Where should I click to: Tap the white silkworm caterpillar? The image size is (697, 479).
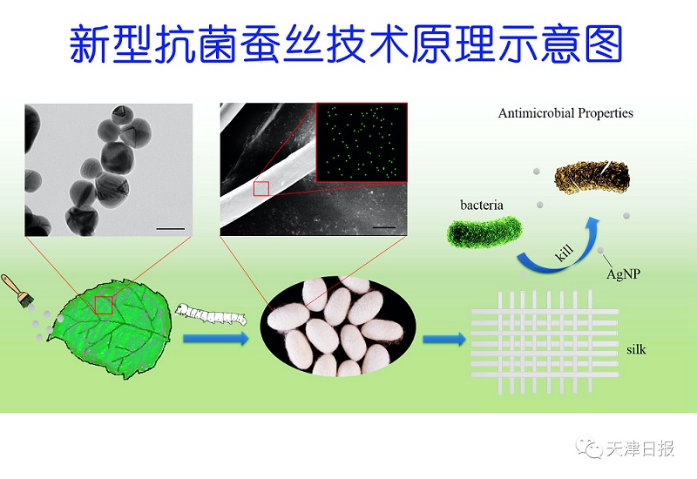pyautogui.click(x=211, y=314)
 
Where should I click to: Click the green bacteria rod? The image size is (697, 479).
pyautogui.click(x=484, y=231)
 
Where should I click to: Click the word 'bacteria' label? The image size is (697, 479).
pyautogui.click(x=482, y=205)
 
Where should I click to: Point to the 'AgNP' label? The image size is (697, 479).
pyautogui.click(x=623, y=273)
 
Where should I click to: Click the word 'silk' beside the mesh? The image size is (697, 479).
pyautogui.click(x=636, y=349)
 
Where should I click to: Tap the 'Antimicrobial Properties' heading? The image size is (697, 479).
pyautogui.click(x=565, y=113)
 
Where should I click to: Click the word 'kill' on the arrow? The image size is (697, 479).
pyautogui.click(x=565, y=253)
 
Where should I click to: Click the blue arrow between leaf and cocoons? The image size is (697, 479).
pyautogui.click(x=216, y=339)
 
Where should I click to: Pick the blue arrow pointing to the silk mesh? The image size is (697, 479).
pyautogui.click(x=444, y=340)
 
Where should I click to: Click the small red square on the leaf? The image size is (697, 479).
pyautogui.click(x=104, y=306)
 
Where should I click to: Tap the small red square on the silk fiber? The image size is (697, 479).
pyautogui.click(x=261, y=189)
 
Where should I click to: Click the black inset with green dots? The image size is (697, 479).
pyautogui.click(x=362, y=142)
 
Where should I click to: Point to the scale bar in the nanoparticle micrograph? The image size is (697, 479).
pyautogui.click(x=171, y=229)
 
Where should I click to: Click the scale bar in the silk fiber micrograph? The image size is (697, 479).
pyautogui.click(x=384, y=227)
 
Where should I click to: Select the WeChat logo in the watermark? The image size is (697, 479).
pyautogui.click(x=589, y=447)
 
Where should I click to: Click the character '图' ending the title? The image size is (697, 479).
pyautogui.click(x=604, y=44)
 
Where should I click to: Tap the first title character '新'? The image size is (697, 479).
pyautogui.click(x=89, y=44)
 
